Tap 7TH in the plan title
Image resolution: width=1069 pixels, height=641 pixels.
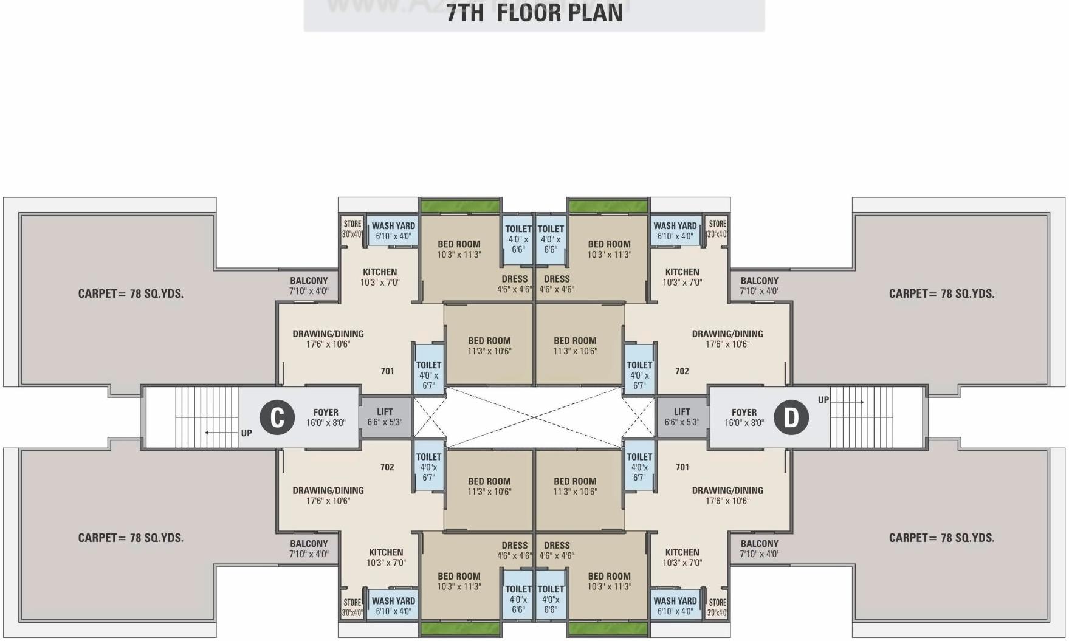pos(466,13)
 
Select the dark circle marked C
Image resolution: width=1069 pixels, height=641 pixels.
pos(277,417)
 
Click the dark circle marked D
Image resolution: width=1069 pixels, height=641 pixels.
pos(791,417)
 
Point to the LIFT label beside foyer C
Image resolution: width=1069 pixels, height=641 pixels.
pos(385,411)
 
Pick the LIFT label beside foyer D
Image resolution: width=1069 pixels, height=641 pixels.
pos(682,411)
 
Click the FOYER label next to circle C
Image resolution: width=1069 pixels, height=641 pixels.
pos(326,412)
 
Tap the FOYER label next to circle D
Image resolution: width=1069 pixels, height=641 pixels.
pos(744,412)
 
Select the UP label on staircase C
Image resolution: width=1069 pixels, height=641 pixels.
pos(246,433)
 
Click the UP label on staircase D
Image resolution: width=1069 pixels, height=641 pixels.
pos(823,400)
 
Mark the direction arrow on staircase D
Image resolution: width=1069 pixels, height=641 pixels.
pos(848,402)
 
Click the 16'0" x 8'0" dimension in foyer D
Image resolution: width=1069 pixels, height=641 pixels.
pos(744,422)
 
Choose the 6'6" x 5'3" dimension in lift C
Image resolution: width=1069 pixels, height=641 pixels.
pos(385,422)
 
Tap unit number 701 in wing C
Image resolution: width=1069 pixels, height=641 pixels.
pos(387,371)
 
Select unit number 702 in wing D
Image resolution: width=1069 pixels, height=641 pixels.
pos(682,371)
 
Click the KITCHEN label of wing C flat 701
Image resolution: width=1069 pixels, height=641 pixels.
pos(380,272)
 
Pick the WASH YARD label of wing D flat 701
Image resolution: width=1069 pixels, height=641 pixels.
pos(675,600)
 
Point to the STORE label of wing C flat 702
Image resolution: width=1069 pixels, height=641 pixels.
pos(352,602)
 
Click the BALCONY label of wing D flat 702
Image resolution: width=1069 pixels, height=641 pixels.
pos(759,280)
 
